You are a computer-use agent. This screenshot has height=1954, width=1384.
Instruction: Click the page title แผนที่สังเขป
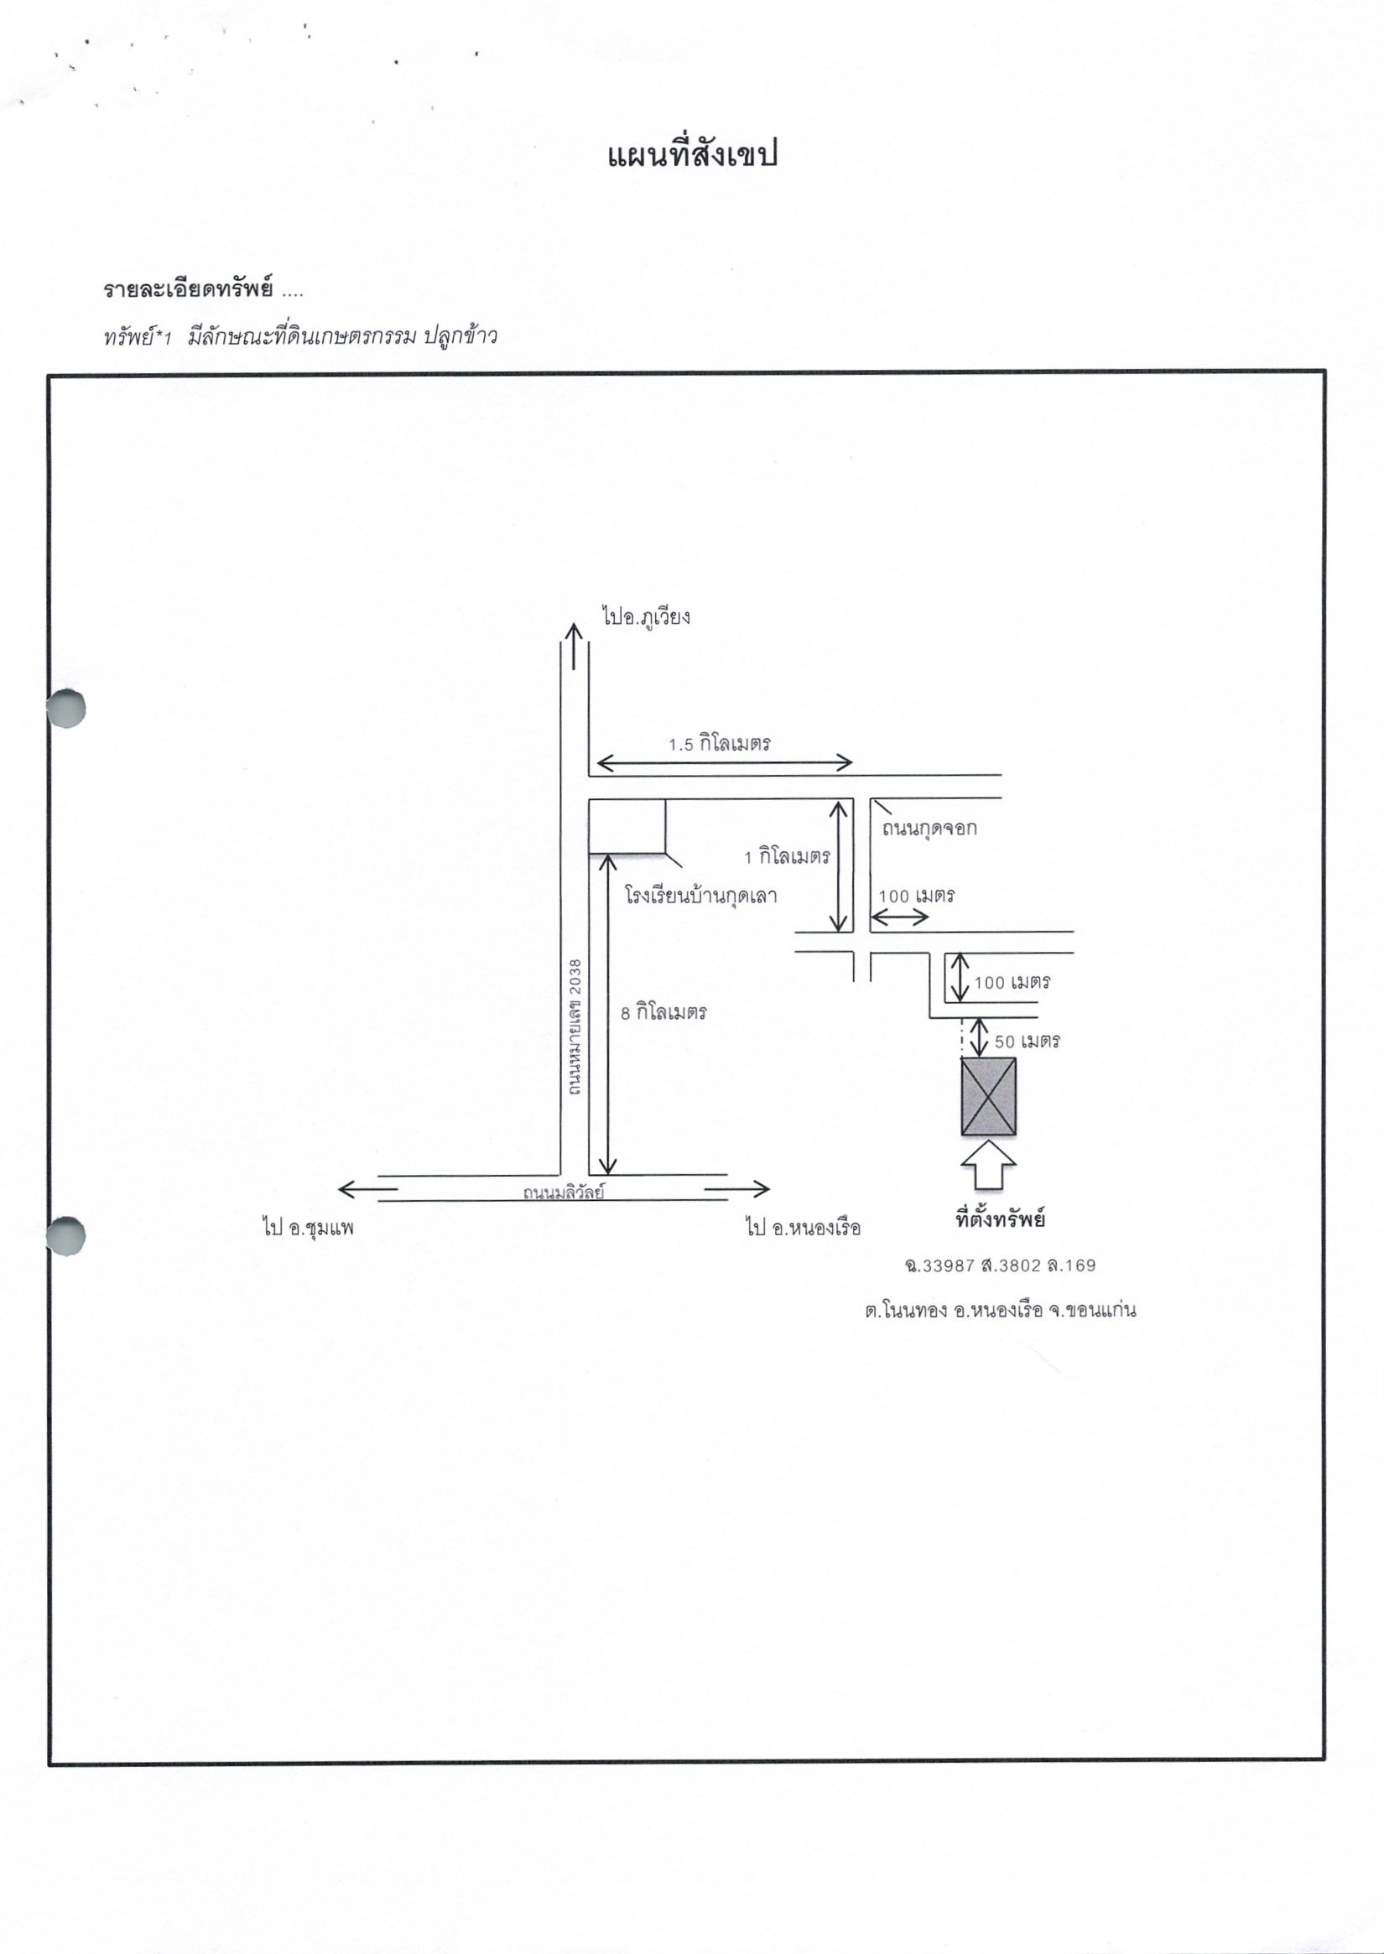point(692,156)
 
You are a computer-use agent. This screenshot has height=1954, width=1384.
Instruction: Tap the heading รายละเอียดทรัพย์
point(189,289)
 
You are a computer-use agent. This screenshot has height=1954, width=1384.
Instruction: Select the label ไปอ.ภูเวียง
point(645,616)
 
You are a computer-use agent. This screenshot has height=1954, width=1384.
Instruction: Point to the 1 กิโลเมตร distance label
point(787,856)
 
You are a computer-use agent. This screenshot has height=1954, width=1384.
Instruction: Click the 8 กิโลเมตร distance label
point(663,1013)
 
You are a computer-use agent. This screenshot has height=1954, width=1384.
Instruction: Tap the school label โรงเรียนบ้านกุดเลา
point(700,896)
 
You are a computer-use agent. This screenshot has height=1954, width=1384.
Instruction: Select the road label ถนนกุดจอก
point(929,829)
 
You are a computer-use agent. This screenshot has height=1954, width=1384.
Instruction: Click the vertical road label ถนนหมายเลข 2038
point(575,1026)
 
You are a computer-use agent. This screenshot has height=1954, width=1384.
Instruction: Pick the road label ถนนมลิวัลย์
point(565,1193)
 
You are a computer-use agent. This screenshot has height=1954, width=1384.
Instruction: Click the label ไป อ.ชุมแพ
point(308,1228)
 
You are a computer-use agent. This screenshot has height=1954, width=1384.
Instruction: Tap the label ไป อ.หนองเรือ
point(804,1228)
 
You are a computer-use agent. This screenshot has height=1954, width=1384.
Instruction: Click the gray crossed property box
point(989,1097)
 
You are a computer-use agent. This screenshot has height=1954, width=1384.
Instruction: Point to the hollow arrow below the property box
point(989,1164)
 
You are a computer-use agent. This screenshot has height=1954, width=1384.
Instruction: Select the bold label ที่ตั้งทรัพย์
point(1001,1219)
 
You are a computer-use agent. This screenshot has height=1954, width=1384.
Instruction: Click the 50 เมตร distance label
point(1027,1041)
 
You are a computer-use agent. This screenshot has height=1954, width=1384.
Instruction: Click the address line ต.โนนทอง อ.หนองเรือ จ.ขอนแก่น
point(1001,1310)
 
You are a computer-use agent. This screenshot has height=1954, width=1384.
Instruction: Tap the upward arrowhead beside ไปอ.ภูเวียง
point(574,631)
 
